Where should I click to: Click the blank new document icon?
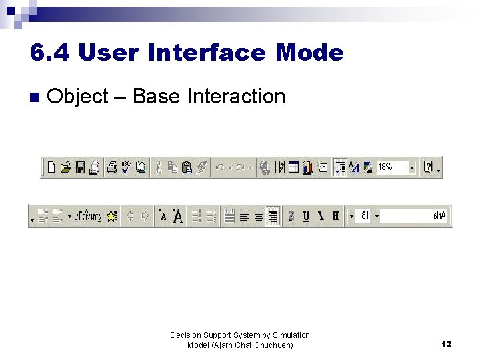pos(51,167)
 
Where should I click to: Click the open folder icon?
pos(65,167)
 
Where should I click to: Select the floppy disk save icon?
pos(80,167)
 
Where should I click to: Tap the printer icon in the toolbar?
pos(112,167)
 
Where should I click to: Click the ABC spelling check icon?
pos(126,167)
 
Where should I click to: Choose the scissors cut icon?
pos(159,167)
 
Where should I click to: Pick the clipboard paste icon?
pos(187,167)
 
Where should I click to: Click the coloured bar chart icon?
pos(307,167)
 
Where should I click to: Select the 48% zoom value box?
pos(393,167)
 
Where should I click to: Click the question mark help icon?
pos(429,167)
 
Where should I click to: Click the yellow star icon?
pos(111,216)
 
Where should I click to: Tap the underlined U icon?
pos(306,216)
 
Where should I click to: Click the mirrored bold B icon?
pos(335,216)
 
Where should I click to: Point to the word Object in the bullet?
pos(78,97)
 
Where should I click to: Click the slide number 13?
pos(446,345)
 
